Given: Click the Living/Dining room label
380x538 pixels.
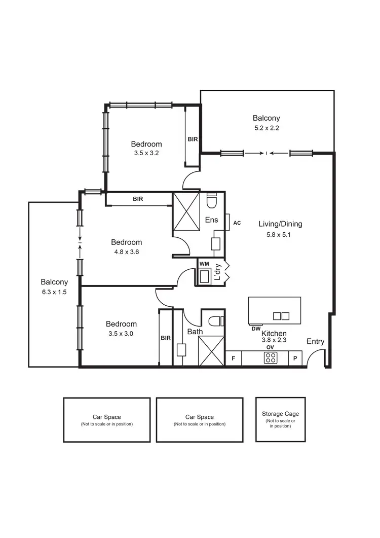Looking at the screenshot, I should (x=287, y=224).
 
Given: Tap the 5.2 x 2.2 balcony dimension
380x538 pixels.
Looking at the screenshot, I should (x=267, y=128).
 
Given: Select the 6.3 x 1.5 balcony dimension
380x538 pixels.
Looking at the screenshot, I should (x=54, y=292).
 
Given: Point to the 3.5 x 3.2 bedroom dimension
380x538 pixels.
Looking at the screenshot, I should (x=146, y=154).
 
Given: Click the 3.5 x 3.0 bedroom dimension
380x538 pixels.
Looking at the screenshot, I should (x=121, y=334).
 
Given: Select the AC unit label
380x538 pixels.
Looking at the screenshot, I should (x=237, y=223).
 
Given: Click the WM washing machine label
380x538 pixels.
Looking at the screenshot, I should (x=204, y=264).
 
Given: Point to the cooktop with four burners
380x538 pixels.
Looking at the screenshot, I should (x=270, y=358).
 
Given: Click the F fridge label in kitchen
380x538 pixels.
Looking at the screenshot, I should (x=233, y=358).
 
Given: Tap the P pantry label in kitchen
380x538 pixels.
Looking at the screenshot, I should (x=295, y=358).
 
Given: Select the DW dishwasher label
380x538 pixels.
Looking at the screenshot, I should (x=255, y=329).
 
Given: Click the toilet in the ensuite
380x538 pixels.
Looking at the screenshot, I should (x=212, y=201).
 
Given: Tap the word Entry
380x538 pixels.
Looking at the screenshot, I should (x=315, y=342).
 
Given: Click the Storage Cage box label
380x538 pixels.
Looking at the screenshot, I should (x=280, y=414).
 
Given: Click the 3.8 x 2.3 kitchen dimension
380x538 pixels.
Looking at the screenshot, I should (x=274, y=340).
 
